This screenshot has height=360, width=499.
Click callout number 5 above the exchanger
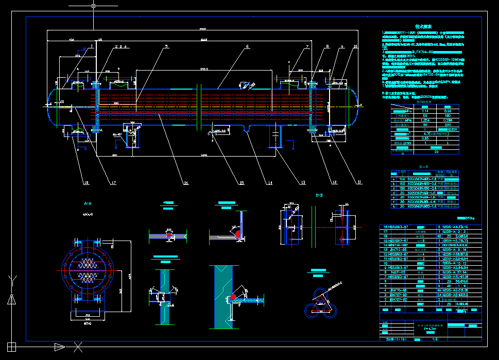[166, 47]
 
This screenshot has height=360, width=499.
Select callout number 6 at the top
[247, 47]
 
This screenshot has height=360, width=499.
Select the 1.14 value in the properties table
[425, 111]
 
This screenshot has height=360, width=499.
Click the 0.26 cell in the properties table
[448, 111]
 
